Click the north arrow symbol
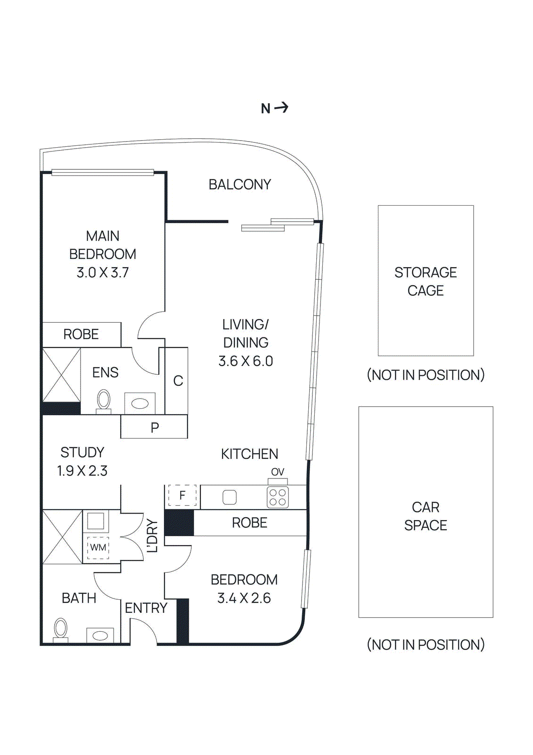tap(281, 108)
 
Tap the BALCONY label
tap(239, 185)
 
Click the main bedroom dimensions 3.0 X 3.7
tap(102, 273)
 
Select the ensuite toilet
tap(104, 401)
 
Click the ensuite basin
tap(140, 403)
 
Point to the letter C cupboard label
tap(178, 381)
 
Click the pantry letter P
tap(155, 428)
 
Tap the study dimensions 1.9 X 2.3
tap(82, 471)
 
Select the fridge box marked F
tap(182, 495)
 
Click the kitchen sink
tap(230, 497)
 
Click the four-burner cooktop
tap(278, 497)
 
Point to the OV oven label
tap(278, 472)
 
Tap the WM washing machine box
tap(98, 548)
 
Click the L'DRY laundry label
tap(152, 536)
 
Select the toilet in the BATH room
tap(60, 629)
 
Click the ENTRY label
tap(146, 608)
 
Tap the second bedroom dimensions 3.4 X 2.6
tap(244, 598)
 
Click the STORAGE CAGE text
tap(426, 281)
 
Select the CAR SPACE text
tap(426, 516)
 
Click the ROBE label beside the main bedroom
tap(81, 335)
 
